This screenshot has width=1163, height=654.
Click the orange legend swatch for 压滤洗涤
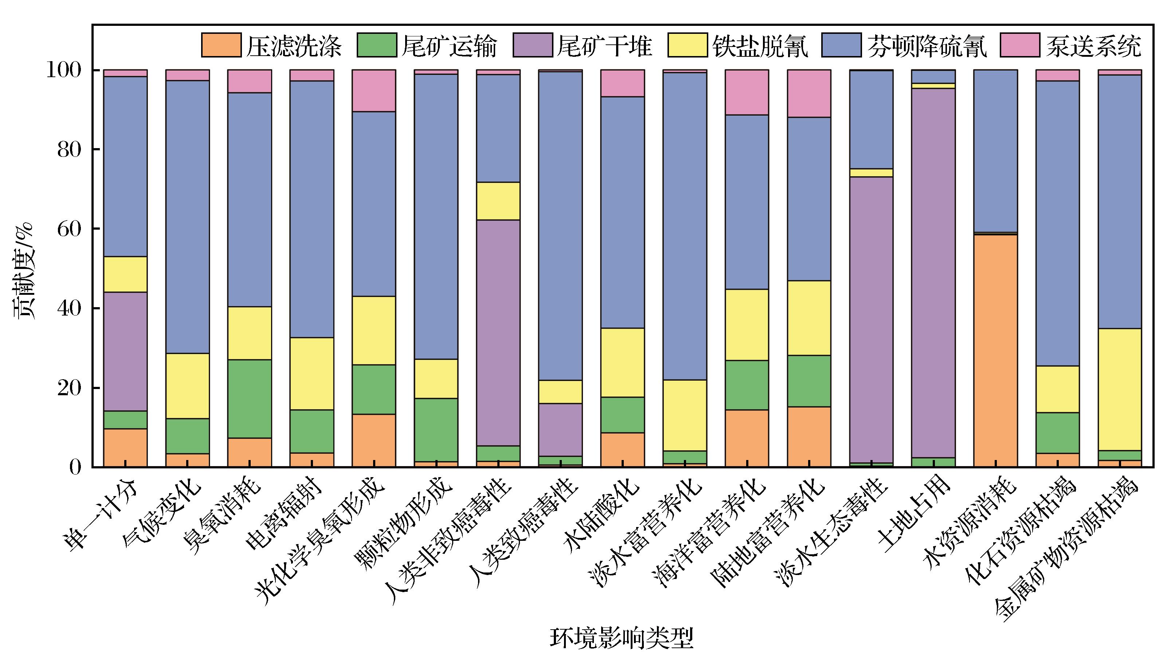click(221, 45)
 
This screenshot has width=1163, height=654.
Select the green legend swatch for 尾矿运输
click(376, 45)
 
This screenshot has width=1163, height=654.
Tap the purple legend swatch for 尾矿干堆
click(532, 45)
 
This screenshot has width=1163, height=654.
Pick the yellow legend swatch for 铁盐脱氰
click(687, 45)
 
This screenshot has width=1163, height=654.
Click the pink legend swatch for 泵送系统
click(1019, 45)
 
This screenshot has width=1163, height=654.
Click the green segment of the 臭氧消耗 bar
click(249, 399)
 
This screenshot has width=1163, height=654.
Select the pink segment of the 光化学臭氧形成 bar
click(374, 91)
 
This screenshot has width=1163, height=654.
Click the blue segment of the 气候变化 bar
click(187, 217)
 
